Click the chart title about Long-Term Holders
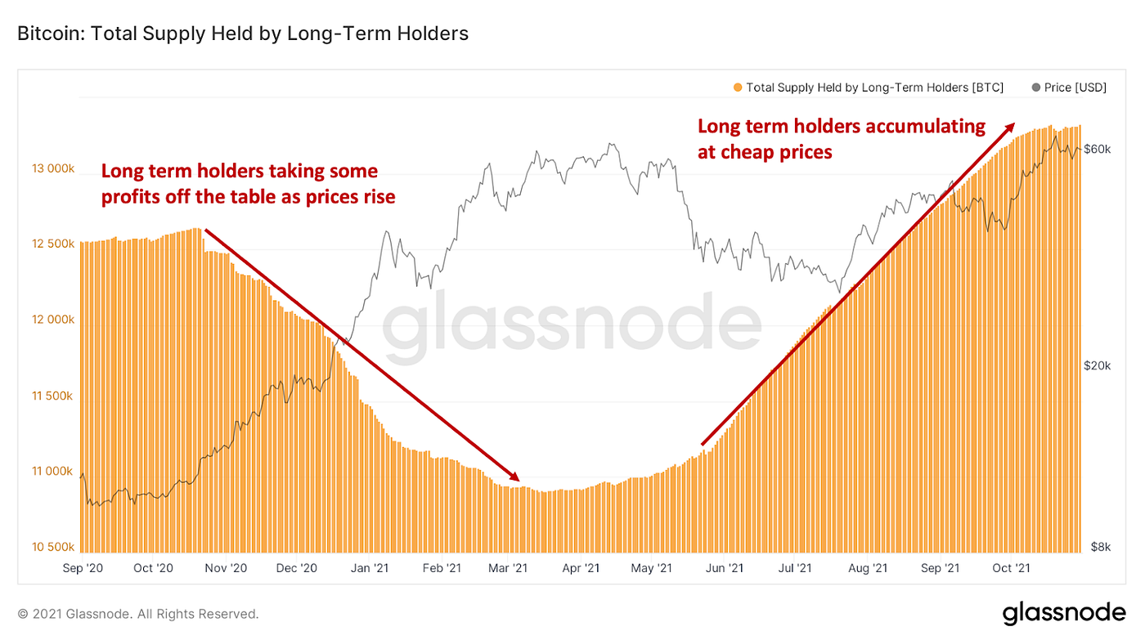(243, 34)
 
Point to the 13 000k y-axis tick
(52, 169)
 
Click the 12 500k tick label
(52, 244)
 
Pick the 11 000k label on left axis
(52, 472)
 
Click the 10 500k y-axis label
(52, 547)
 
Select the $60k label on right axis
(1097, 149)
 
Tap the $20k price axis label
(1097, 365)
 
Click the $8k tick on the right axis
(1100, 547)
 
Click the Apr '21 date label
(581, 568)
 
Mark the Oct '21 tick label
(1011, 568)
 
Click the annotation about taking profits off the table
(248, 184)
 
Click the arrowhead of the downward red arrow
(515, 477)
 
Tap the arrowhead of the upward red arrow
(1011, 127)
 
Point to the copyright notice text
(137, 613)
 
